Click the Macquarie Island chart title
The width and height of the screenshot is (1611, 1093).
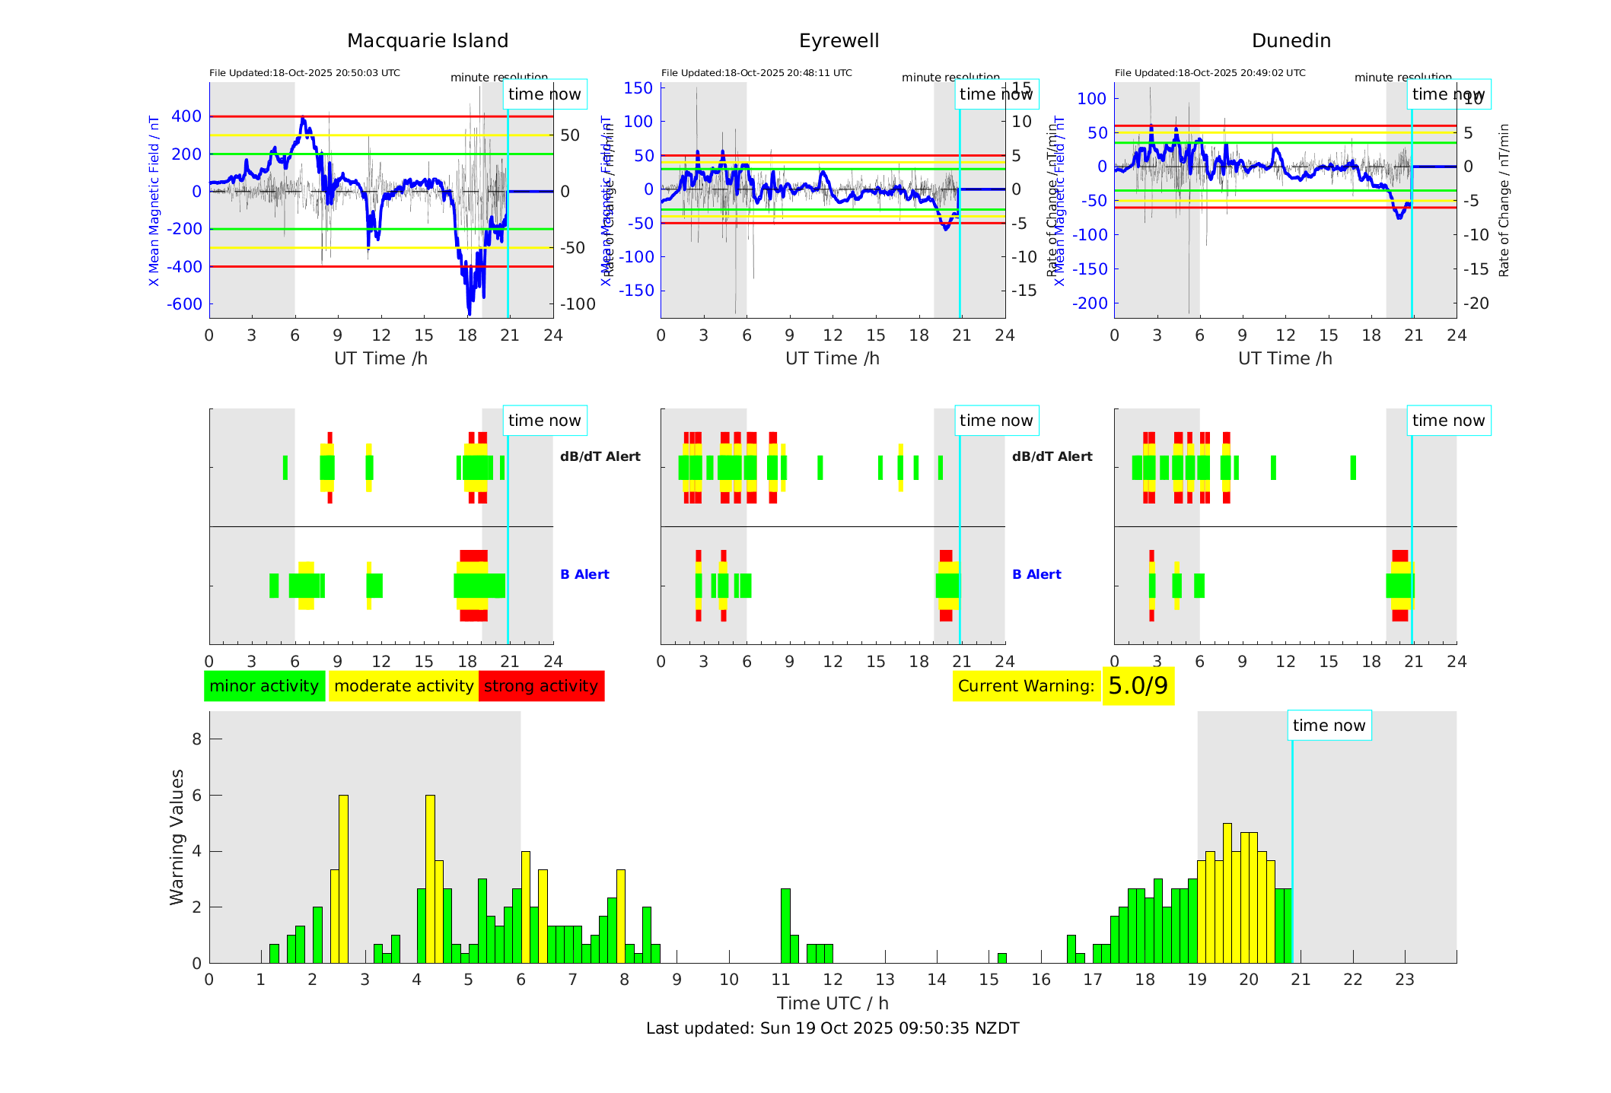click(x=428, y=41)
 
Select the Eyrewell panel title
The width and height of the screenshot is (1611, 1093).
click(x=839, y=41)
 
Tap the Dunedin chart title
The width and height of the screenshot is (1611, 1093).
click(x=1291, y=41)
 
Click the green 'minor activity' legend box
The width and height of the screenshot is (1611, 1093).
click(x=264, y=686)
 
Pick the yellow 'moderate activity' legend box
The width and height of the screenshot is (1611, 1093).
click(x=403, y=686)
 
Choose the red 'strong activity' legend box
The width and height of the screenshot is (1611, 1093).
click(x=541, y=686)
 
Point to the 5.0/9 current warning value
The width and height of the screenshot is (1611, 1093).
click(x=1138, y=686)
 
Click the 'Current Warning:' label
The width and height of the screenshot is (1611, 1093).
click(x=1026, y=686)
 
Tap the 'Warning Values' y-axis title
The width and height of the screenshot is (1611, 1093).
click(x=177, y=837)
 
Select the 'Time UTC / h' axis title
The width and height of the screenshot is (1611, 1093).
click(x=833, y=1003)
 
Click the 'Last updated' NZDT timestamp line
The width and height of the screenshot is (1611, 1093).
click(x=833, y=1028)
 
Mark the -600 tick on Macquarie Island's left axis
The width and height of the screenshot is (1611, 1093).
click(x=185, y=304)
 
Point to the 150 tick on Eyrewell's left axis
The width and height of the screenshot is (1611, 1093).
click(x=638, y=88)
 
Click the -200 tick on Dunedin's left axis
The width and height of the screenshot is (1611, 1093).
click(x=1090, y=303)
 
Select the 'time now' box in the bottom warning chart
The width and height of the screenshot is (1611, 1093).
click(x=1329, y=726)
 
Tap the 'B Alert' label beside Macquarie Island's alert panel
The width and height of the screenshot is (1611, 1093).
click(x=584, y=574)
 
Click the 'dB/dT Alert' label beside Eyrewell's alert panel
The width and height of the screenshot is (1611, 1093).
click(x=1052, y=456)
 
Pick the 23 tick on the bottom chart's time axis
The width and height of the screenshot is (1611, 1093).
click(x=1404, y=980)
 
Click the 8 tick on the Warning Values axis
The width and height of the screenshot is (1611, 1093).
click(x=197, y=739)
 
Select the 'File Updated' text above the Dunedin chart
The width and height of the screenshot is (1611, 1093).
click(x=1210, y=73)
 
